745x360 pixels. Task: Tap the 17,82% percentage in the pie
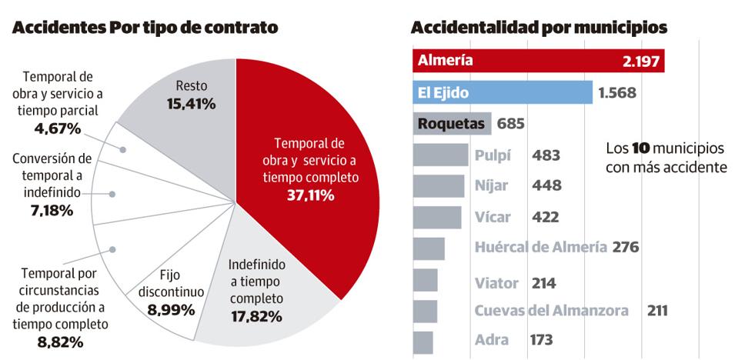click(256, 316)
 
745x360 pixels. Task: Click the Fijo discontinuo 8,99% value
click(170, 310)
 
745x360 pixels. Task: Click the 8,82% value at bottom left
click(60, 342)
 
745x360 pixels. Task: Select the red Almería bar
click(538, 61)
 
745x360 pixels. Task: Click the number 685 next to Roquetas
click(511, 123)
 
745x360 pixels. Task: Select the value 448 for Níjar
click(546, 185)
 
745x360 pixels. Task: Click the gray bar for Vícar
click(437, 217)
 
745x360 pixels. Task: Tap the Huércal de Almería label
click(540, 248)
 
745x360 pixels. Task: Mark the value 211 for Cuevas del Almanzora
click(656, 311)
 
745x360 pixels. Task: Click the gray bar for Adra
click(423, 341)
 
